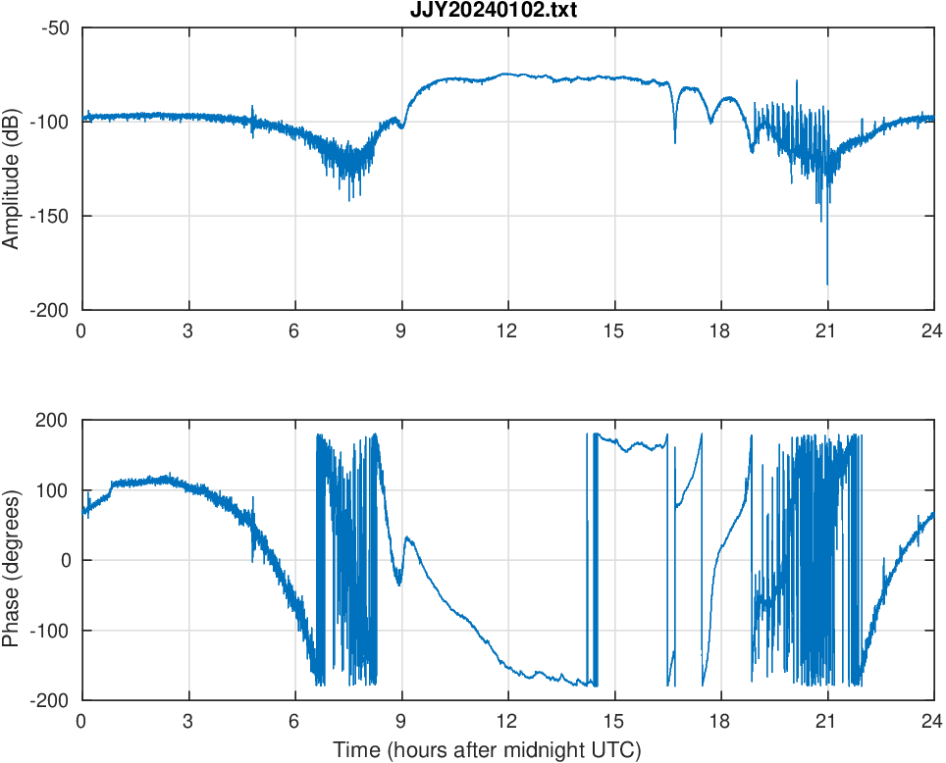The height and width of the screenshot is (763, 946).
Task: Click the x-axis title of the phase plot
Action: [x=487, y=751]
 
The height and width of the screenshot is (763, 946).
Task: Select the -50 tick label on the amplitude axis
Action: [x=55, y=27]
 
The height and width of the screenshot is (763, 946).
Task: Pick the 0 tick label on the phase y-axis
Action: [x=65, y=560]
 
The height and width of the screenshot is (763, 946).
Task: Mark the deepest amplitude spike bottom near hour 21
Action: [x=827, y=284]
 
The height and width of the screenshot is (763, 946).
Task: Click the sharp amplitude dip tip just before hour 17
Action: [x=675, y=143]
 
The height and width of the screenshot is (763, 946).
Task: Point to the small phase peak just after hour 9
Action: [x=407, y=537]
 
